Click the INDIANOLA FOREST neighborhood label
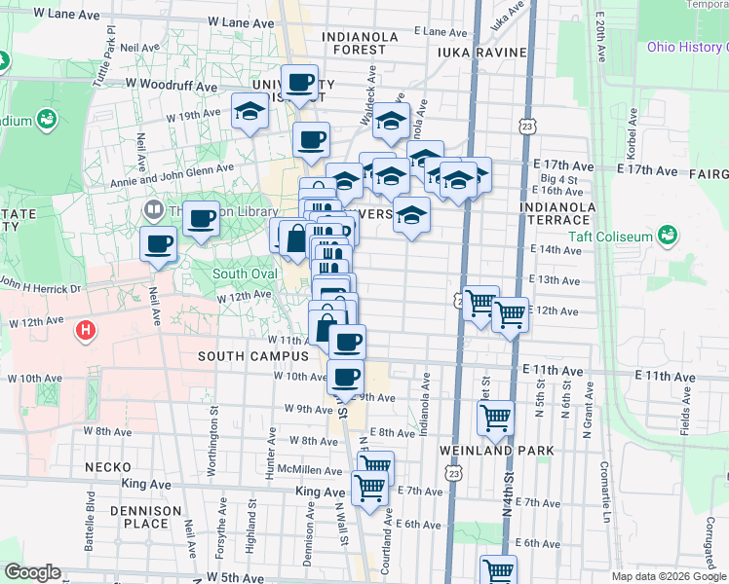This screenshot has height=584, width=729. (362, 44)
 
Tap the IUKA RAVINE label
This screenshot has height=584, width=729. (481, 53)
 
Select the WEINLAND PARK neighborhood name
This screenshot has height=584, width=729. (496, 451)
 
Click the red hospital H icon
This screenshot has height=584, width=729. (87, 330)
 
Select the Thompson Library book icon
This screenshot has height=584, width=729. (153, 209)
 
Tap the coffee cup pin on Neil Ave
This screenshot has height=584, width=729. (158, 244)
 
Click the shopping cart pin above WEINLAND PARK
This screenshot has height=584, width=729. (495, 419)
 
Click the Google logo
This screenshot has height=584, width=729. (31, 572)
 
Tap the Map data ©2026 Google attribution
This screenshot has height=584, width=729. (669, 576)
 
